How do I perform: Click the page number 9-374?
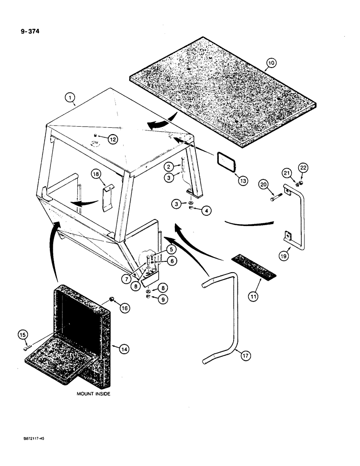click(x=24, y=33)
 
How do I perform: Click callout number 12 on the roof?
click(x=113, y=138)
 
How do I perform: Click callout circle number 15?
click(x=23, y=334)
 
